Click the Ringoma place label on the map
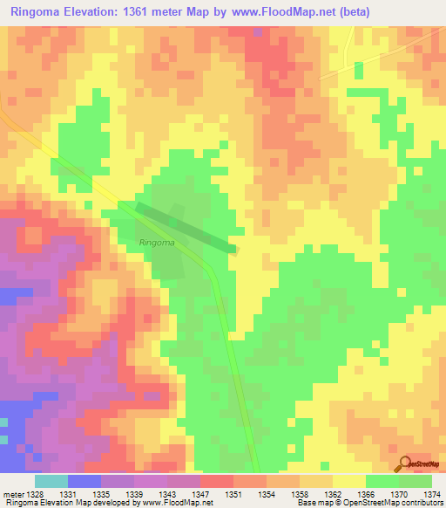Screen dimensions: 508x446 [157, 243]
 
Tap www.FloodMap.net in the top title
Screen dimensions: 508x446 [283, 12]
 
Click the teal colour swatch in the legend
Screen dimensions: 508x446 [51, 481]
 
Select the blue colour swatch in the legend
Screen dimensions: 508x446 [84, 481]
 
